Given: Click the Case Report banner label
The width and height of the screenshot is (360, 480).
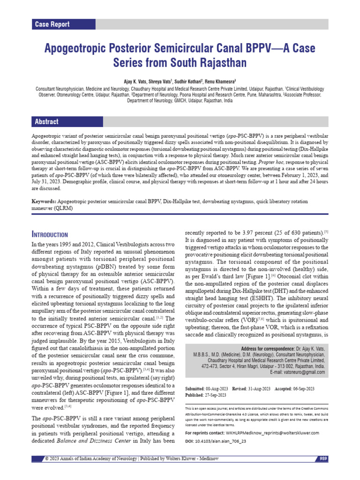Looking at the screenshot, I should click(x=52, y=24).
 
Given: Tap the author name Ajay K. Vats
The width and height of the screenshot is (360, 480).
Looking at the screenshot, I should click(x=138, y=80).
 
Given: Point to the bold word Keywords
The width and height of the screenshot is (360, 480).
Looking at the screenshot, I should click(x=44, y=202).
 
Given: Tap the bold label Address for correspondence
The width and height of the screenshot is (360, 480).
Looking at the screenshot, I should click(x=268, y=349).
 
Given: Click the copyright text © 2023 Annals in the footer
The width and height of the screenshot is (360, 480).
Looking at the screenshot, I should click(x=66, y=458).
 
